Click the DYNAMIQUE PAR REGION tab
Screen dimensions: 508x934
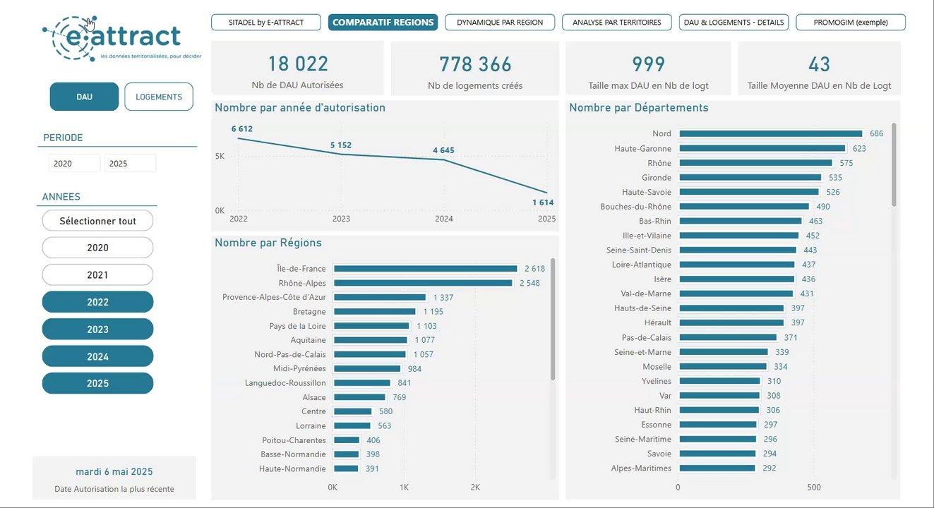pos(500,23)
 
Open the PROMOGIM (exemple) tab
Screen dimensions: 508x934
pos(850,23)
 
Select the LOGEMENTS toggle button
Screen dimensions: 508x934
pos(159,97)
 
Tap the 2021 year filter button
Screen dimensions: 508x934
pos(97,275)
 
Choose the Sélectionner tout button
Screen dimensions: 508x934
pos(97,221)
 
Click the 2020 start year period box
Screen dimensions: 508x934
pos(74,164)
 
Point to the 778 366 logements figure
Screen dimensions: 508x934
pos(475,65)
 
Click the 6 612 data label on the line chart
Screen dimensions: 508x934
pos(241,129)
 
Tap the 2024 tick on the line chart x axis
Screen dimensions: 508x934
pos(444,219)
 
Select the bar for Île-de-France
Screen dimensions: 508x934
pos(425,269)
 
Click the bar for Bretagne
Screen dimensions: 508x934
pos(374,311)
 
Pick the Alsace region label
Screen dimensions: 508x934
pos(314,397)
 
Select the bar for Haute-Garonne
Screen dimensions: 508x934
pos(762,149)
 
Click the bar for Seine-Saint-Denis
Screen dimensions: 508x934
pos(737,250)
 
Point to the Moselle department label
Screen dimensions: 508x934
pos(657,367)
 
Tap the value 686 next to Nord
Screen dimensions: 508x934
pos(876,134)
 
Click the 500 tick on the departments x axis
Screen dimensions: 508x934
pos(814,488)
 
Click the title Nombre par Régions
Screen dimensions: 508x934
pos(268,243)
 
